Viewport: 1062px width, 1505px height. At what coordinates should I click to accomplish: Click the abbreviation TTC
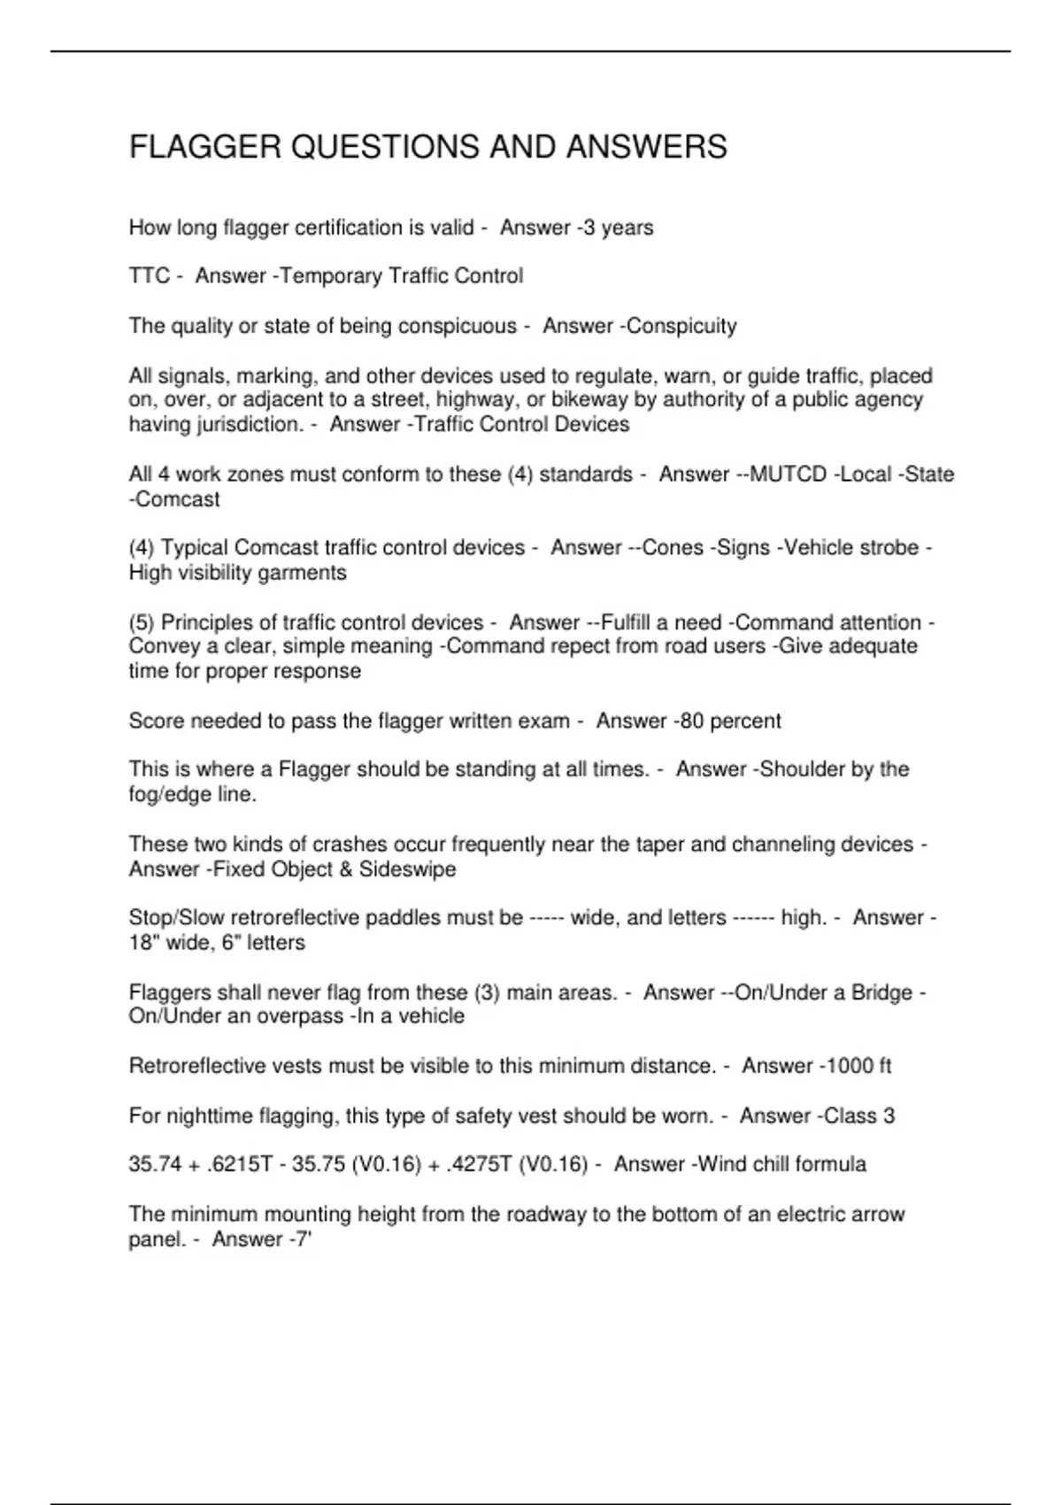(149, 276)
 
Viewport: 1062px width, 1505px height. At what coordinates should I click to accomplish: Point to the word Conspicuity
(681, 326)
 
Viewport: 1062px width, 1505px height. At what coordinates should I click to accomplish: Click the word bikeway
(586, 399)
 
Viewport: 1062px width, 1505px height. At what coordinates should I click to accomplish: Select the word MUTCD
(788, 475)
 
